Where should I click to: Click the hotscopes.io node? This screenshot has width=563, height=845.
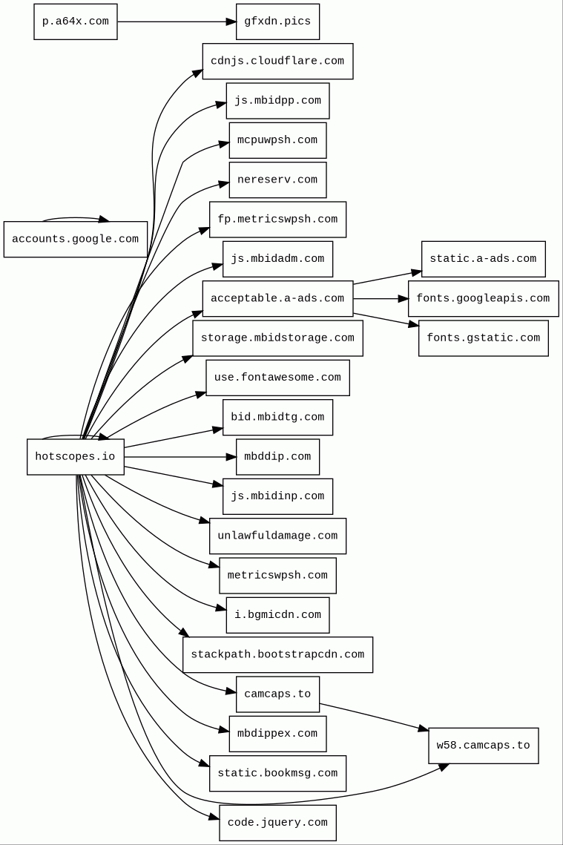coord(75,457)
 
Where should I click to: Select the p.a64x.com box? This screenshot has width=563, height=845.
coord(75,22)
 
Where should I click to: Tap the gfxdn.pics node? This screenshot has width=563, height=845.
coord(277,22)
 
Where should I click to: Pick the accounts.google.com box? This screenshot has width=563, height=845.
coord(75,239)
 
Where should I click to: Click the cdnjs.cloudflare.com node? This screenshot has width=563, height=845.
coord(277,61)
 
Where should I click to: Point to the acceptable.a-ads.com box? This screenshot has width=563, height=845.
coord(277,298)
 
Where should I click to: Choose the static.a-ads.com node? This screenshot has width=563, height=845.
coord(483,259)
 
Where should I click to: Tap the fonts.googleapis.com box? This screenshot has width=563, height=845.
coord(483,298)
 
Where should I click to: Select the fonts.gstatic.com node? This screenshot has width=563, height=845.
coord(483,338)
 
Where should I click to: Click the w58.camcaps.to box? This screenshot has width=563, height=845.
coord(483,746)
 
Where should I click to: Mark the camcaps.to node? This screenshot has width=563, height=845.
coord(277,694)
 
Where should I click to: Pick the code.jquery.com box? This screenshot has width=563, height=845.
coord(277,823)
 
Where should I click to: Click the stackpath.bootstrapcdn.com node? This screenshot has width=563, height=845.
coord(277,654)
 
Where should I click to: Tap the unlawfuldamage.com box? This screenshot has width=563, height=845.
coord(277,536)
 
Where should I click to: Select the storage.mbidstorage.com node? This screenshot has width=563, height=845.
coord(277,338)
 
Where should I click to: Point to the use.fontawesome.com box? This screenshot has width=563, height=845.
coord(277,378)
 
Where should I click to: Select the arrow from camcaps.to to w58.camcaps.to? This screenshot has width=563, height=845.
coord(374,717)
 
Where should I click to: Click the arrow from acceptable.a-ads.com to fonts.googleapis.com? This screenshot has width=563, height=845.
coord(381,298)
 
